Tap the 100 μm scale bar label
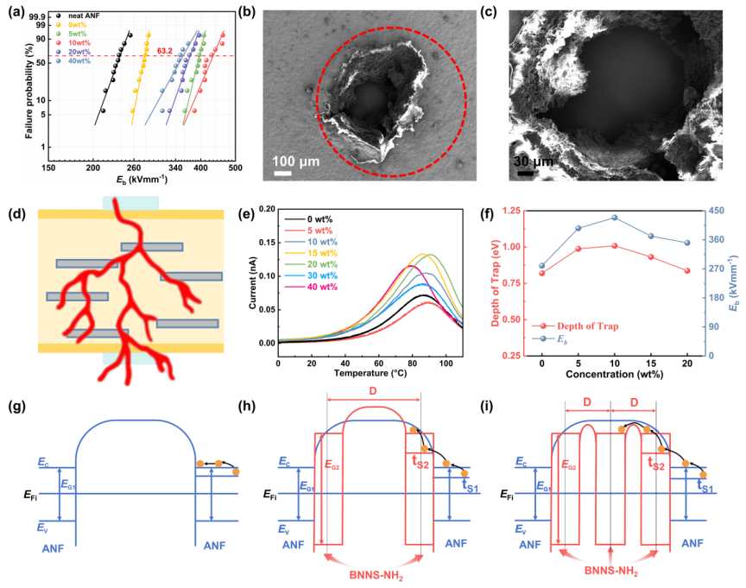click(x=296, y=161)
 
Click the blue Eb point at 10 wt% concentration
click(x=614, y=218)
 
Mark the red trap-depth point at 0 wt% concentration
click(x=541, y=273)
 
